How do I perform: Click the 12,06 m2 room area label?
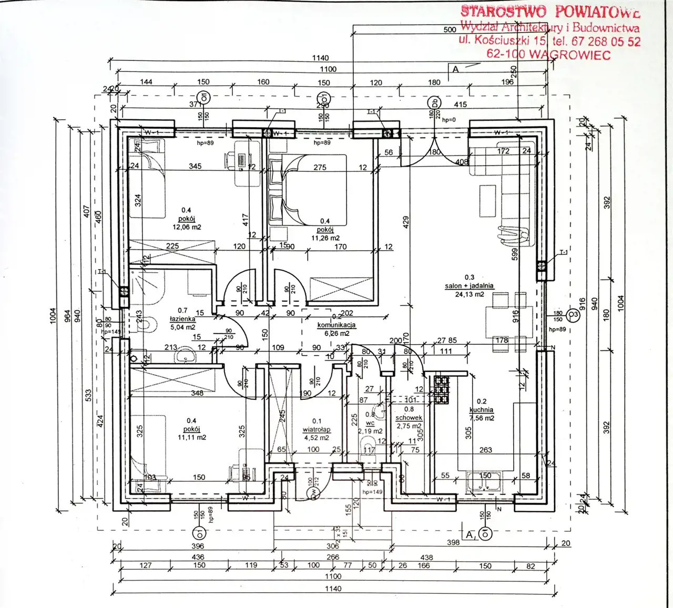(x=187, y=228)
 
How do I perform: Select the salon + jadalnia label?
(x=468, y=286)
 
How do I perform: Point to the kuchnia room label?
(x=481, y=410)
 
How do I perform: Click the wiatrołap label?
(x=317, y=429)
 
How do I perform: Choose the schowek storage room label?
(x=409, y=418)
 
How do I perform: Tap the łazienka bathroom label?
(x=182, y=319)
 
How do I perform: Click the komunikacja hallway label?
(x=336, y=325)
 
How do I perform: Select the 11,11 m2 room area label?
(x=192, y=437)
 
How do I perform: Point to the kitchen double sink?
(x=484, y=480)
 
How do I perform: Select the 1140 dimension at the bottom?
(x=333, y=588)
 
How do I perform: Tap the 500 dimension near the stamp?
(x=450, y=29)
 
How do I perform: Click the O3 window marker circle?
(x=574, y=315)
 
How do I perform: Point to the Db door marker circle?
(x=434, y=102)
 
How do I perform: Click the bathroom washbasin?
(x=186, y=357)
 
